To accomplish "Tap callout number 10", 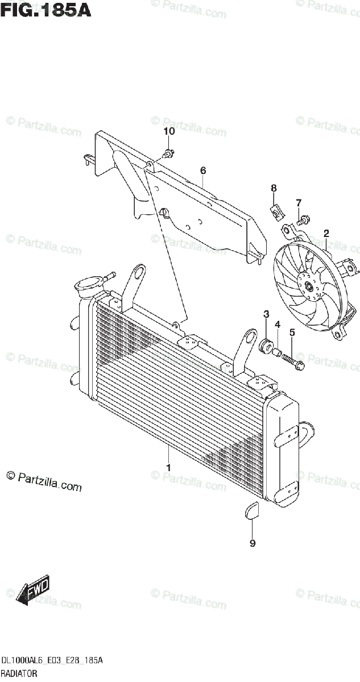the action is tap(169, 131).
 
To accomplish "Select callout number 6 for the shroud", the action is tap(202, 170).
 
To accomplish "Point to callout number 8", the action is tap(274, 188).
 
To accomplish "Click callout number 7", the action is tap(298, 203).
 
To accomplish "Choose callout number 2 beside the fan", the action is tap(326, 233).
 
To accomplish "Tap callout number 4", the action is tap(278, 325).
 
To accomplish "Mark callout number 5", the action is tap(292, 332).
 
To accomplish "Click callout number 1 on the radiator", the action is tap(168, 467).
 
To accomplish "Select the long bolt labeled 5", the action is tap(293, 360).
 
